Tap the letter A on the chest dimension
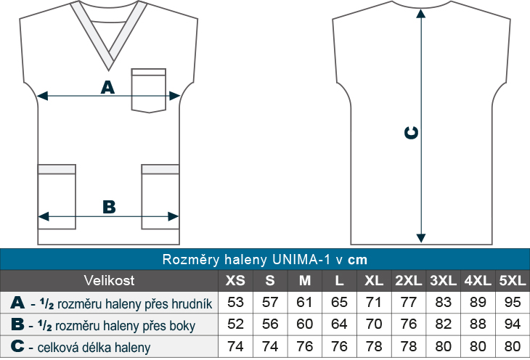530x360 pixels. point(107,88)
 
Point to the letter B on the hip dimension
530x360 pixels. point(109,207)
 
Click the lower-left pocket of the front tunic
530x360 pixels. point(57,197)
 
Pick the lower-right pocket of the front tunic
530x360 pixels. point(160,197)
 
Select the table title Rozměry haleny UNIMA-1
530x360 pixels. point(264,259)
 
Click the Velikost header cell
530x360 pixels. point(109,281)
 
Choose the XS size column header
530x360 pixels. point(235,281)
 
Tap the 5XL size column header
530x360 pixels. point(513,281)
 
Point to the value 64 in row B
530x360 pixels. point(340,325)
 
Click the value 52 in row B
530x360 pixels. point(235,325)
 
